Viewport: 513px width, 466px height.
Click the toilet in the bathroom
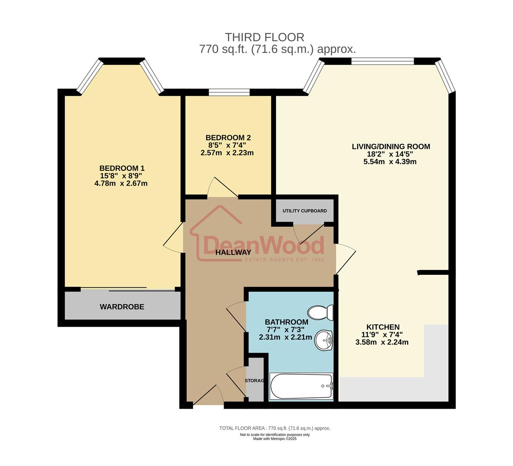coord(320,312)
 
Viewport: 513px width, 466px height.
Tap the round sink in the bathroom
coord(323,340)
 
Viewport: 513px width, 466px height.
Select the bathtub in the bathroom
coord(301,386)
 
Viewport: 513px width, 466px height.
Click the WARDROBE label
coord(122,307)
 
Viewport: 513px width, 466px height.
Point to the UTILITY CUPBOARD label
coord(304,211)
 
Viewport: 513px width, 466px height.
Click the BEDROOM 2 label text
coord(228,138)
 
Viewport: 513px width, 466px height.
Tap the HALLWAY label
coord(233,252)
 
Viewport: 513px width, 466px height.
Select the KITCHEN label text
coord(383,327)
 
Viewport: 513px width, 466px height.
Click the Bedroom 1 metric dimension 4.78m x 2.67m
coord(121,183)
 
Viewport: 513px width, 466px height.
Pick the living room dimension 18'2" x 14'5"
coord(390,154)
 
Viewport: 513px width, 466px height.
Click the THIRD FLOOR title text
coord(264,38)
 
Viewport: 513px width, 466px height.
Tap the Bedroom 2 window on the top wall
coord(228,92)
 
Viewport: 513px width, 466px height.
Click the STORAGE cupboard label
coord(254,381)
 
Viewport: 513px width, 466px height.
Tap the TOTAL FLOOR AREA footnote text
coord(275,428)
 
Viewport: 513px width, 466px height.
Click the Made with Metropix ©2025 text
coord(275,439)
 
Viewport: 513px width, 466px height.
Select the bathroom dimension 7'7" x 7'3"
coord(286,330)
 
